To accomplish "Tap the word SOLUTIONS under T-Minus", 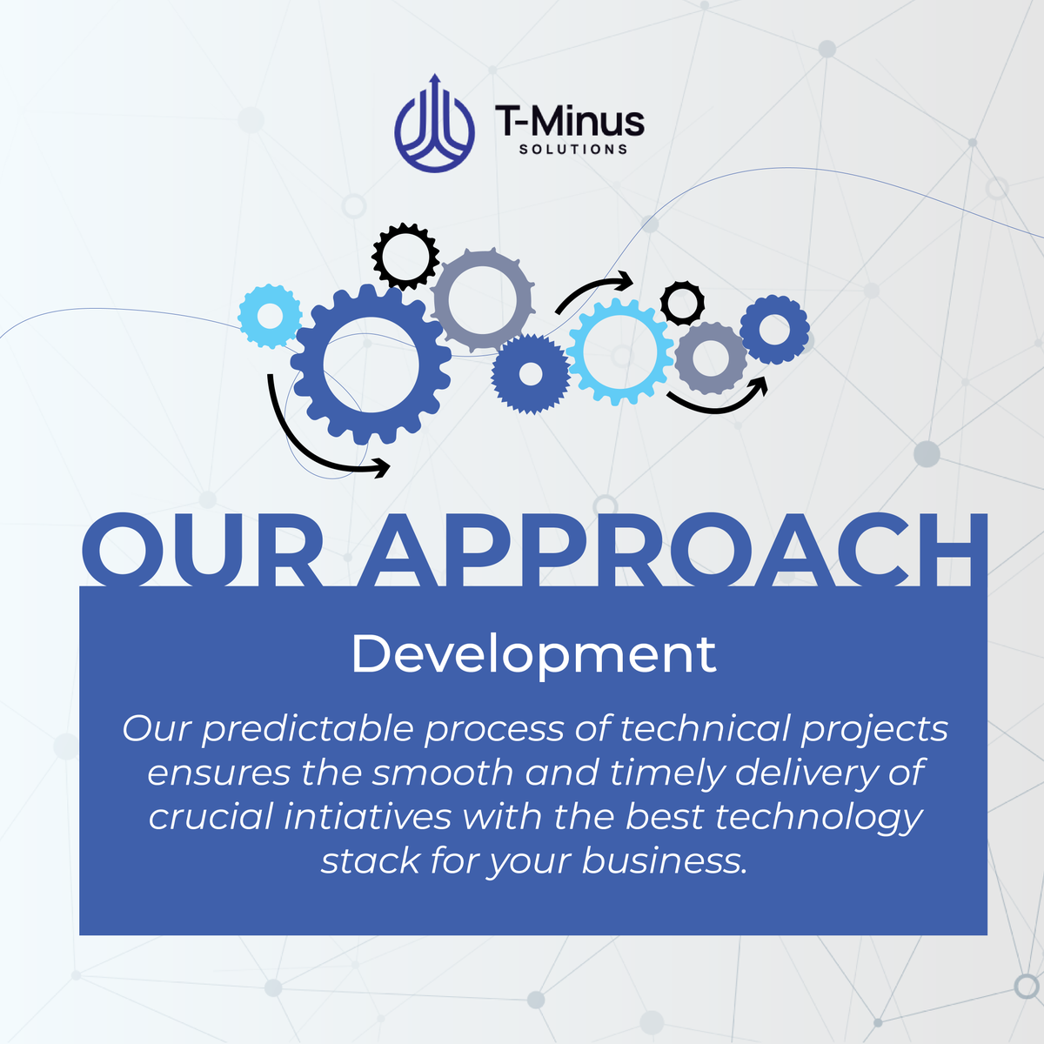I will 572,150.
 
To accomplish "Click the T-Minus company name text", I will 570,120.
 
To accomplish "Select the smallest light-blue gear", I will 271,317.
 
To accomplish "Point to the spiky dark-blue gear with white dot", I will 531,375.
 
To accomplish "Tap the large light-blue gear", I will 620,351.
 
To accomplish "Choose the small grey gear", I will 711,357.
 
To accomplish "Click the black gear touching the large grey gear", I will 405,256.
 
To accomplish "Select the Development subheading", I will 533,654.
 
